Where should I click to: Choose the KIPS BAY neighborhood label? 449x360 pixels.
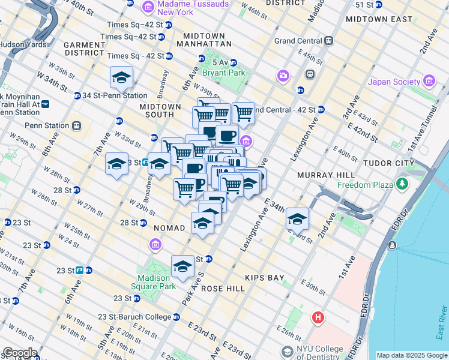point(264,278)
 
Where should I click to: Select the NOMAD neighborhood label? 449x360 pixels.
point(173,229)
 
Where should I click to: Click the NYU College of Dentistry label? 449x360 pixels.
point(321,350)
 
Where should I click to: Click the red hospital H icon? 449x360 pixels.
point(318,317)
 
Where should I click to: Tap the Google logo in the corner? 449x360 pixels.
point(19,353)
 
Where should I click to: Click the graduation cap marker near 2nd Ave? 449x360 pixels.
point(297,220)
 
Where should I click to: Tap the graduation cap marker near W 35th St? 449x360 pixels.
point(121,77)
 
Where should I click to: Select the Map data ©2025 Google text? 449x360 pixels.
point(411,355)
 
